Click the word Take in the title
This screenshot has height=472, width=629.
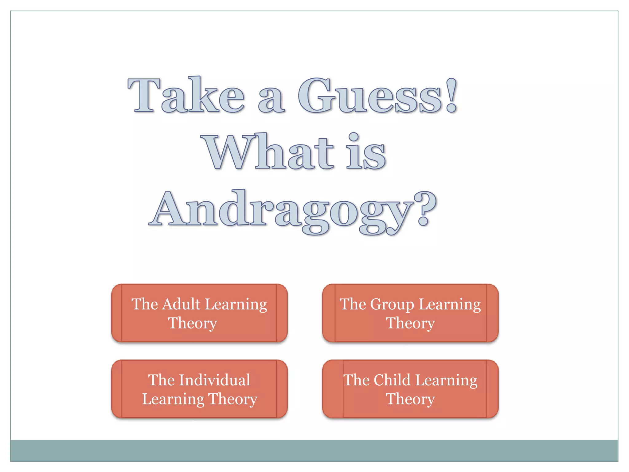[x=186, y=95]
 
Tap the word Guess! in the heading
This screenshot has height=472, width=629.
[x=378, y=95]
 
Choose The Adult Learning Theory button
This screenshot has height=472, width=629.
[x=199, y=313]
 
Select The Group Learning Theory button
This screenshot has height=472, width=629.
[x=410, y=313]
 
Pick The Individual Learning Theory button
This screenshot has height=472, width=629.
[x=199, y=389]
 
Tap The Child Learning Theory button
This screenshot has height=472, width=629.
[x=410, y=389]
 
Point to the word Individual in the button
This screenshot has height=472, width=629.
[x=215, y=380]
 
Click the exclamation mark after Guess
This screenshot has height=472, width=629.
[x=451, y=95]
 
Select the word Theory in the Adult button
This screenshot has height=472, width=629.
[x=193, y=323]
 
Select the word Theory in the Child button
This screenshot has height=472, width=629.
[x=410, y=399]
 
